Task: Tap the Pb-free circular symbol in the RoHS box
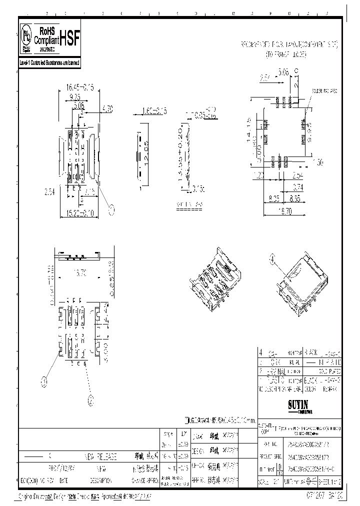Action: coord(25,35)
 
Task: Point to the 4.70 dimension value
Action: coord(107,107)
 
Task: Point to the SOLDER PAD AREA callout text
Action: coord(323,91)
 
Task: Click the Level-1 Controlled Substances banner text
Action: coord(49,63)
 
